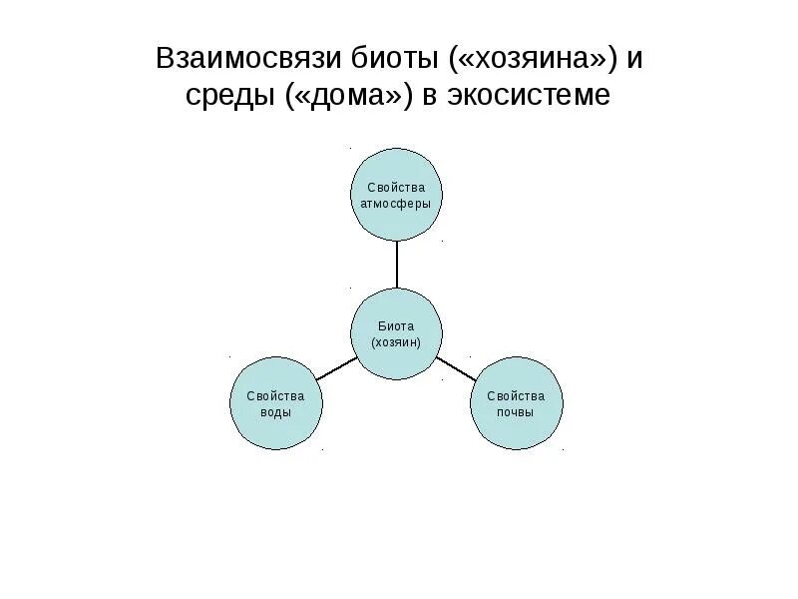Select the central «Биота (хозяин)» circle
pyautogui.click(x=396, y=333)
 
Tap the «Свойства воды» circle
pyautogui.click(x=276, y=403)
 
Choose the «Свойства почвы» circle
pyautogui.click(x=516, y=403)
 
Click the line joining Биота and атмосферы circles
pyautogui.click(x=396, y=265)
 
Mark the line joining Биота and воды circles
pyautogui.click(x=336, y=367)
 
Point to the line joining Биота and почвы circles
pyautogui.click(x=456, y=367)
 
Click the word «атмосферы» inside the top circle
pyautogui.click(x=396, y=204)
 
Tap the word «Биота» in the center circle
pyautogui.click(x=396, y=325)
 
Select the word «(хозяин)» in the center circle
pyautogui.click(x=396, y=342)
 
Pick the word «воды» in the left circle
pyautogui.click(x=276, y=412)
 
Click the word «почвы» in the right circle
pyautogui.click(x=516, y=412)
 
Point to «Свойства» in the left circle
pyautogui.click(x=276, y=395)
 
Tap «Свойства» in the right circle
pyautogui.click(x=516, y=395)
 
